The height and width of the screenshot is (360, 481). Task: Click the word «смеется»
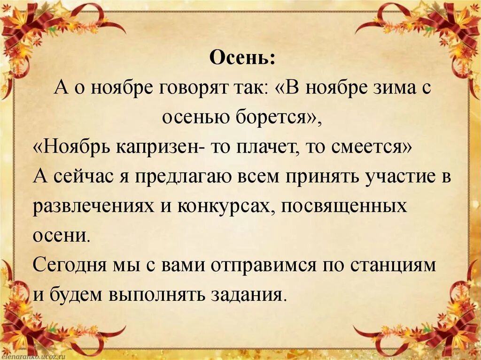tap(376, 148)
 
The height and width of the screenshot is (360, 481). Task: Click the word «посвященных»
tap(345, 207)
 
